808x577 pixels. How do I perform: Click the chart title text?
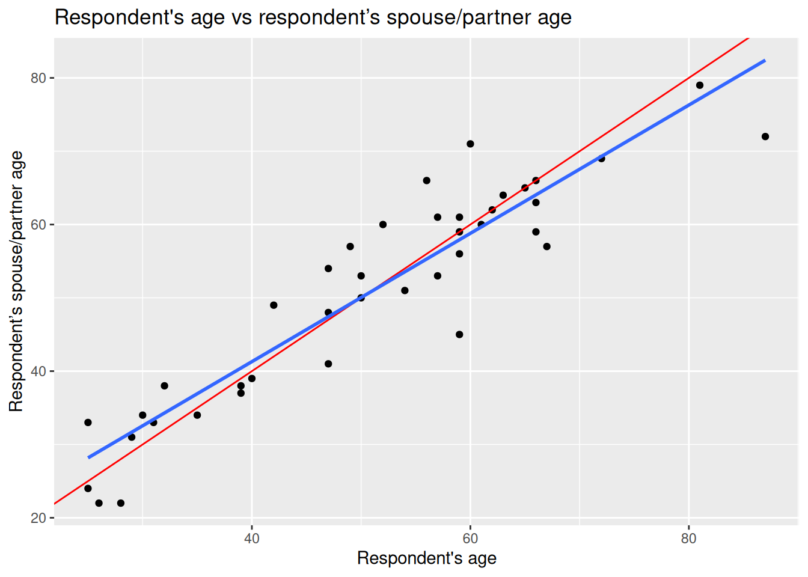coord(313,17)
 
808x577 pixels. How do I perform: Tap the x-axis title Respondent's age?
coord(427,558)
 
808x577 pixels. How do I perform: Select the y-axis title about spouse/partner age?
coord(16,281)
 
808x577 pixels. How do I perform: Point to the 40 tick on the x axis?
coord(252,539)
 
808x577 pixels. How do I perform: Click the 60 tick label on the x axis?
coord(470,539)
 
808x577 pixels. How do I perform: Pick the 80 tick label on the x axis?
coord(688,539)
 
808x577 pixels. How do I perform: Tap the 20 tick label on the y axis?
coord(38,518)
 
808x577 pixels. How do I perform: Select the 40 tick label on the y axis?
coord(38,371)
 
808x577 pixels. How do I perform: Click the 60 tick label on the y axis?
coord(38,225)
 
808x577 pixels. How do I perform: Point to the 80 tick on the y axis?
coord(38,78)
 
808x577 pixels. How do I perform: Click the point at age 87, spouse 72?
coord(765,136)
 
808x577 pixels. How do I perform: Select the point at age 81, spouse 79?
coord(700,85)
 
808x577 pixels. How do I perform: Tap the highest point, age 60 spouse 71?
coord(470,144)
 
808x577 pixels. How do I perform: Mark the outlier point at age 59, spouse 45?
coord(459,334)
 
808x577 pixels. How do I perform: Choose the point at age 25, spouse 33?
coord(88,423)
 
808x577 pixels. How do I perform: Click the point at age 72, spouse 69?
coord(601,159)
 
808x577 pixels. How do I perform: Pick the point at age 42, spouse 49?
coord(274,305)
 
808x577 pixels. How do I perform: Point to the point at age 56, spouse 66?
coord(426,180)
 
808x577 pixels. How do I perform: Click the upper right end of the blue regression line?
coord(764,61)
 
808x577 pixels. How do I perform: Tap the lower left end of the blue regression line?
coord(89,457)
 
